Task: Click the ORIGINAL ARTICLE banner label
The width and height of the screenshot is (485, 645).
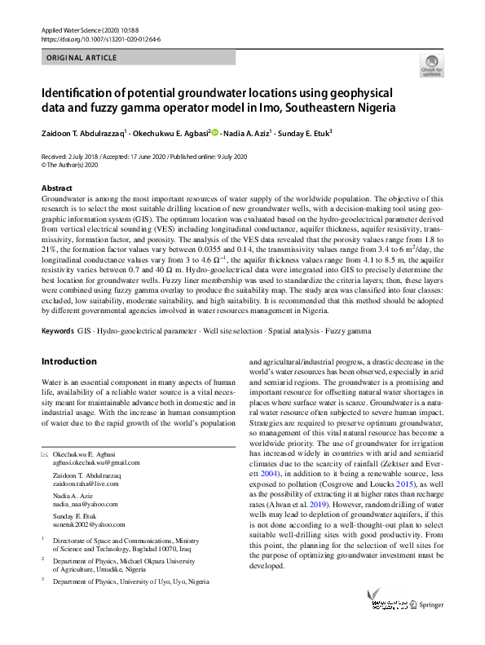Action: point(82,58)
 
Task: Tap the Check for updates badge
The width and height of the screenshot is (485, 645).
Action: point(431,65)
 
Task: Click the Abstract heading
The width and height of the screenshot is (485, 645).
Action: point(56,188)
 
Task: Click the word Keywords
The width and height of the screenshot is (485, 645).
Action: point(58,332)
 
